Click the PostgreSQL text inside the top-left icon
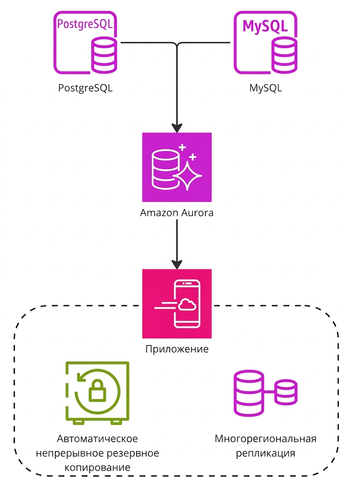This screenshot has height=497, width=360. (85, 25)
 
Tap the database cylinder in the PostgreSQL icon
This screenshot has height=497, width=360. (104, 56)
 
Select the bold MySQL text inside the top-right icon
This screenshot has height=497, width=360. (265, 27)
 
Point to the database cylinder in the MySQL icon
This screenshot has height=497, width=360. (284, 56)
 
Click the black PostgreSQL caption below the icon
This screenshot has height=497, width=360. (85, 88)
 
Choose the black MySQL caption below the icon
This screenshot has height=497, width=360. (265, 88)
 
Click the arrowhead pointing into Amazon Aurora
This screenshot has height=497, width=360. (177, 128)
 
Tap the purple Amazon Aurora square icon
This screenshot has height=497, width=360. (177, 167)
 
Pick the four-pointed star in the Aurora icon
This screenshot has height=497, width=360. (188, 176)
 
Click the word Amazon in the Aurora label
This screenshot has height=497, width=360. (159, 213)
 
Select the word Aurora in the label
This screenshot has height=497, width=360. (198, 213)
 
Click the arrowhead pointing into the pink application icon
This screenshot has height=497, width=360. (177, 264)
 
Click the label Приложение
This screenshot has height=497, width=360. (177, 349)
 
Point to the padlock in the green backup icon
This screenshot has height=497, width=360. (97, 391)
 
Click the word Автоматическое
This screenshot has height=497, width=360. (97, 439)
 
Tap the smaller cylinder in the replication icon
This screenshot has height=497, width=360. (286, 392)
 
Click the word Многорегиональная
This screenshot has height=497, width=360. (265, 439)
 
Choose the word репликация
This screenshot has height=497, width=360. (265, 453)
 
